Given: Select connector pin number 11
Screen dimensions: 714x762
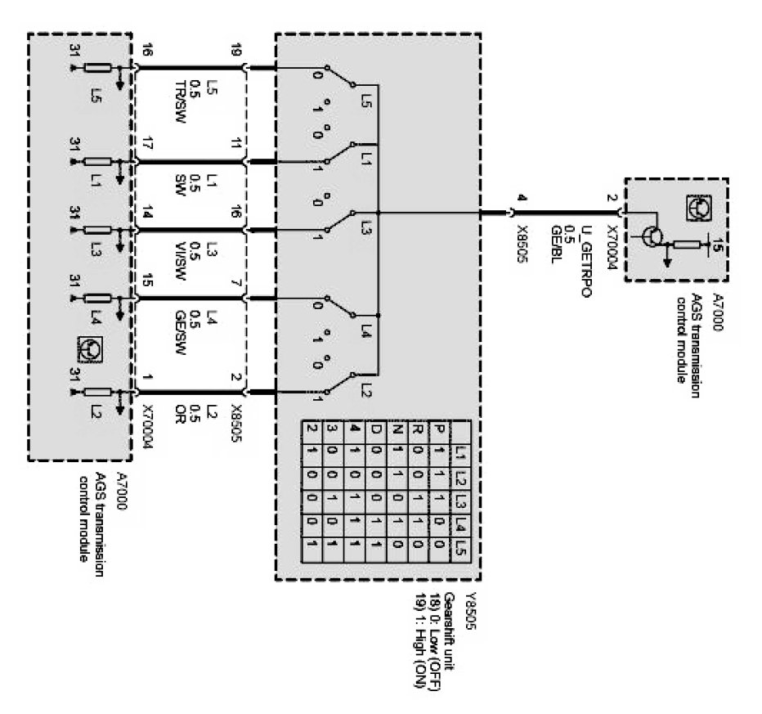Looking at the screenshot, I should tap(236, 145).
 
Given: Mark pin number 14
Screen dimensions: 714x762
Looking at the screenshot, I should tap(147, 213).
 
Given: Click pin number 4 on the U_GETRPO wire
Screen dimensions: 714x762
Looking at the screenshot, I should tap(521, 196).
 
